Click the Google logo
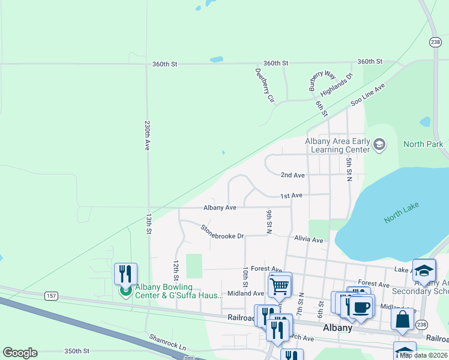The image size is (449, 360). (20, 353)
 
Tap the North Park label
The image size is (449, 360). (423, 144)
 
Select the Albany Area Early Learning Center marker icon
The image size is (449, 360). (379, 144)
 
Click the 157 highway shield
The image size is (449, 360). (51, 295)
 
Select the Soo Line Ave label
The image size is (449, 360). (367, 95)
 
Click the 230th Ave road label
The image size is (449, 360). (147, 136)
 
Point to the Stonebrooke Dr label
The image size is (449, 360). (222, 232)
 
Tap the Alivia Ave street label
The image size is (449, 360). (309, 239)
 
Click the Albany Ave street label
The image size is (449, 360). (220, 208)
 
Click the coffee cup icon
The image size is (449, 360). (361, 306)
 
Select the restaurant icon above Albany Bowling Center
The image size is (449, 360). (125, 274)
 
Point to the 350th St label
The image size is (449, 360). (77, 351)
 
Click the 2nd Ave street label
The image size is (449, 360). (293, 175)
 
